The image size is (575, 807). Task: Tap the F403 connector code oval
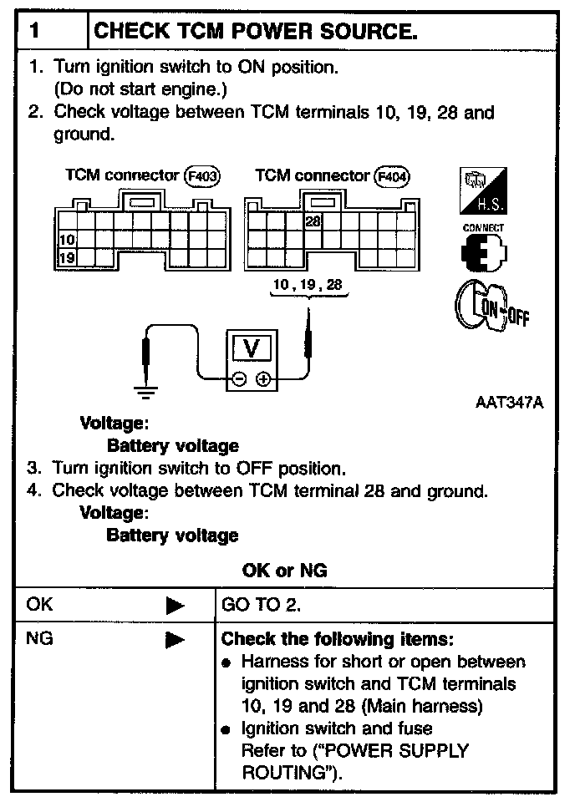201,176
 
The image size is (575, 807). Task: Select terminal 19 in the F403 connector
66,257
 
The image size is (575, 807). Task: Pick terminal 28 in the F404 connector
313,221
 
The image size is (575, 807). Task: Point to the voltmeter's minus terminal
240,379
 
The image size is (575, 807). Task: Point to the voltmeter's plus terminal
263,379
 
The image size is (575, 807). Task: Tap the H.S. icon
483,191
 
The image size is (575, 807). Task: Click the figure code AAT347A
509,403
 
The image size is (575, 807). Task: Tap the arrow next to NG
175,641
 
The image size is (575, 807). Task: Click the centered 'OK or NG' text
284,571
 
